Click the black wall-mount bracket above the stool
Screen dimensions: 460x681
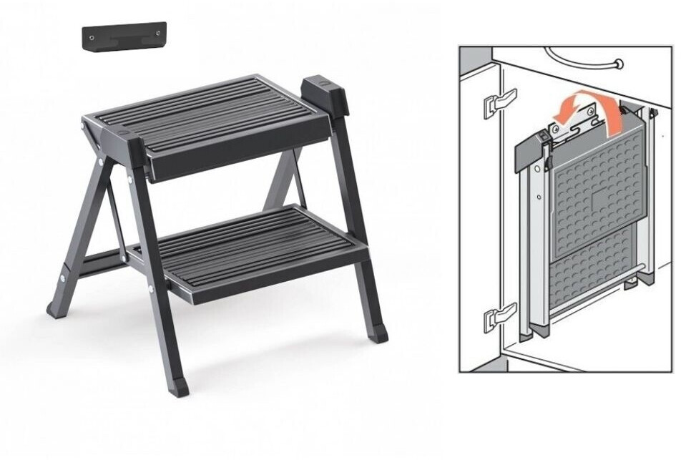click(x=124, y=36)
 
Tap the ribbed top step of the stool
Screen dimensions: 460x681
click(x=207, y=114)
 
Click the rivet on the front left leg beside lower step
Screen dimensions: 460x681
click(x=150, y=289)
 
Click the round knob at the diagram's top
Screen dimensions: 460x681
click(x=618, y=64)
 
